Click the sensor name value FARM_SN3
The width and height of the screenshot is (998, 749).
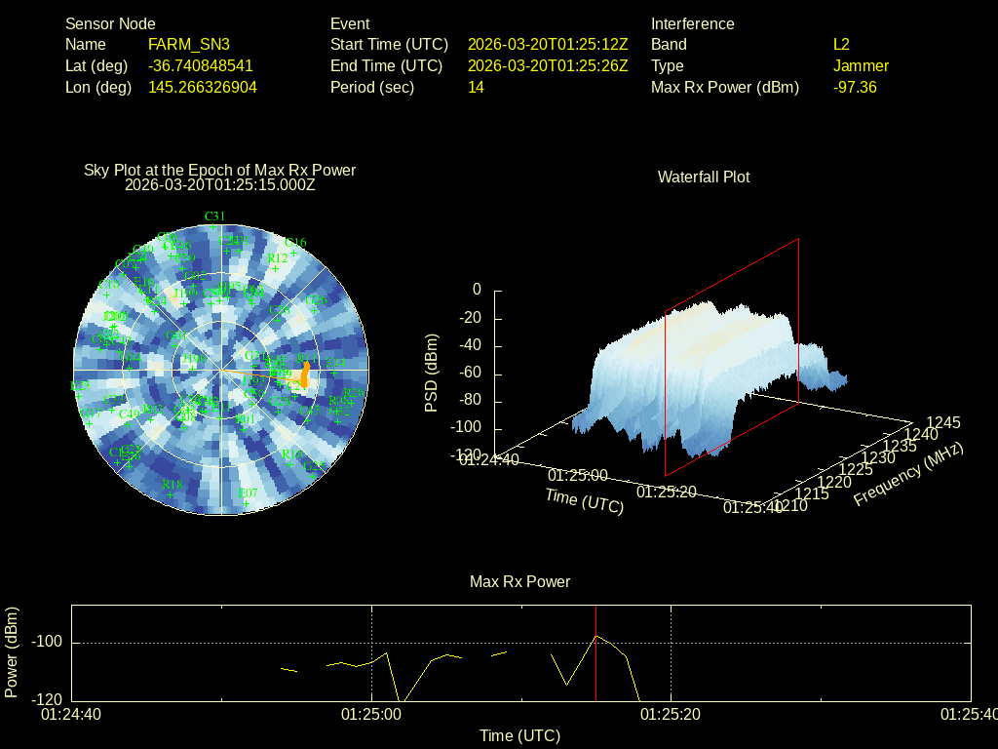click(189, 44)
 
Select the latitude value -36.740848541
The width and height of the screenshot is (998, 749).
click(200, 65)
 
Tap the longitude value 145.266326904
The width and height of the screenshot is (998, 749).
click(203, 87)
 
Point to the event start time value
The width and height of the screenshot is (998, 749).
click(548, 44)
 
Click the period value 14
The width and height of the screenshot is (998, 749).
click(476, 87)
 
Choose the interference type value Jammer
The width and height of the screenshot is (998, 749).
click(861, 65)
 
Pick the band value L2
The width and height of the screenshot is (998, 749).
click(841, 44)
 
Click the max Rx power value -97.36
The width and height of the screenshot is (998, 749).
click(855, 87)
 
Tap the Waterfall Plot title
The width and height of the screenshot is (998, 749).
click(704, 177)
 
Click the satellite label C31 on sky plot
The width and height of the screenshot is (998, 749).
click(214, 216)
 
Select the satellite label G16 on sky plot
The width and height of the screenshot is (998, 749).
click(294, 243)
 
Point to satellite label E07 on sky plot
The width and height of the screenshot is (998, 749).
click(249, 493)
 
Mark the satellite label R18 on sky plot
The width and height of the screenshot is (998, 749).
click(173, 485)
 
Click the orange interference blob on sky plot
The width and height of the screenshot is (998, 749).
click(305, 374)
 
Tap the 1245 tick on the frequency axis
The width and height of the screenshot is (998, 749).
click(942, 422)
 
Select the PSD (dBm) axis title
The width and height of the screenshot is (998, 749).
click(432, 373)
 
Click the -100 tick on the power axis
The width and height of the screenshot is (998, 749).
click(46, 643)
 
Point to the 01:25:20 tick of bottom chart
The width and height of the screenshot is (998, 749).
click(671, 715)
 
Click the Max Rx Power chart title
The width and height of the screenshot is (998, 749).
click(519, 581)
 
